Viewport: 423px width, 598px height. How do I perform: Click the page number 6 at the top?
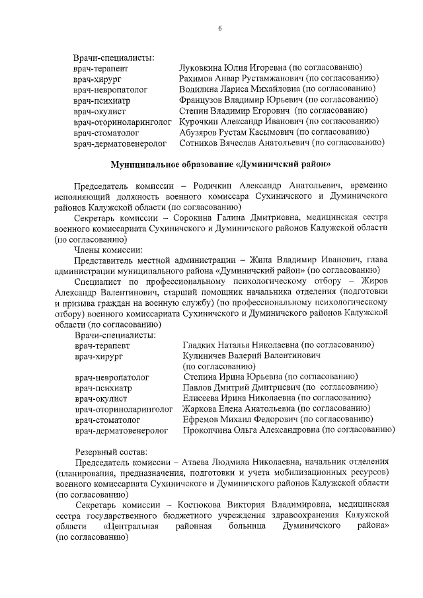(x=220, y=28)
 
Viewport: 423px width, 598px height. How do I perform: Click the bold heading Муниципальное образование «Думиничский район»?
(x=221, y=163)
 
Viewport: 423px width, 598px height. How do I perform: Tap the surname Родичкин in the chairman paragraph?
(x=205, y=186)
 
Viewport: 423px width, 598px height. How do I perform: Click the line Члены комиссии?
(x=108, y=249)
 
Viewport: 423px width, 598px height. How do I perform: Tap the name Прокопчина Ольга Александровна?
(x=254, y=430)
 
